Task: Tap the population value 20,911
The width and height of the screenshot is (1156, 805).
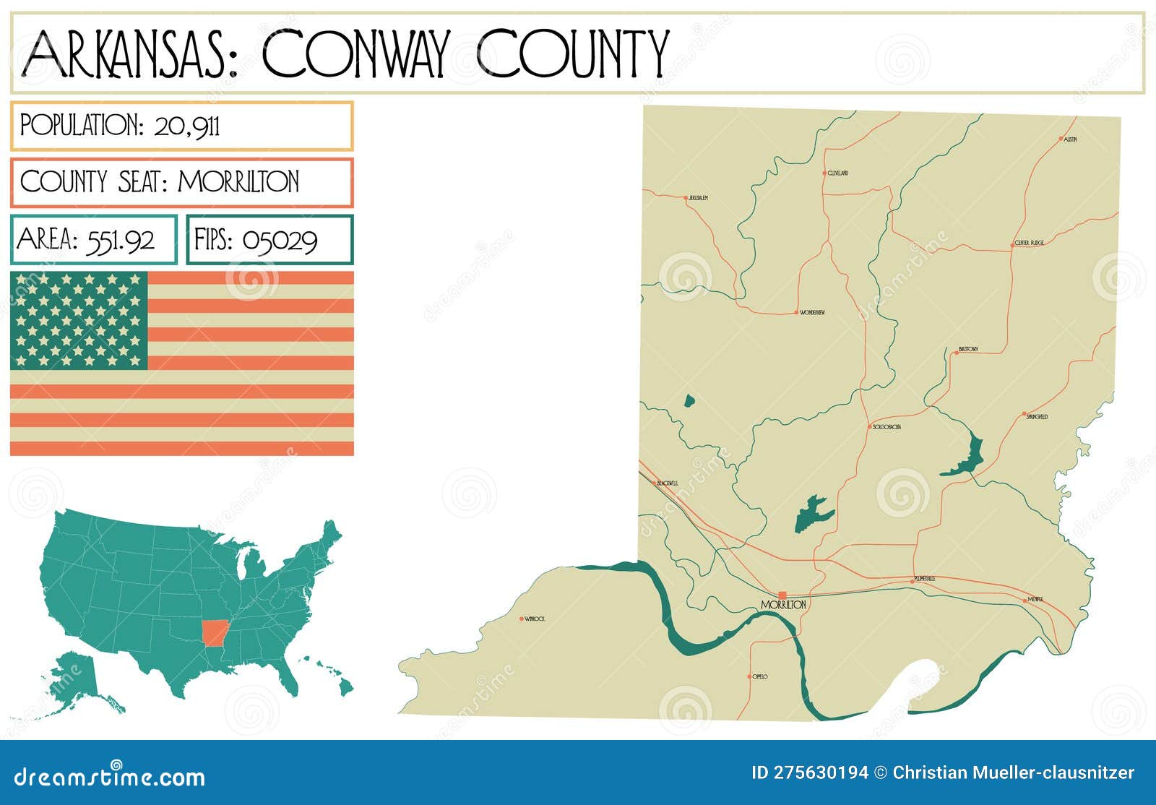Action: [187, 126]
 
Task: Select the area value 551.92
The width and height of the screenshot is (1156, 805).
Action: [121, 240]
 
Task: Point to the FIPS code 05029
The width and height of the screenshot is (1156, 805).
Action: [280, 240]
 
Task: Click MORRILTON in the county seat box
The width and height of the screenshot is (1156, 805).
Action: [238, 181]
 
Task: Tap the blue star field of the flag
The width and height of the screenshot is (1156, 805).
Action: [79, 320]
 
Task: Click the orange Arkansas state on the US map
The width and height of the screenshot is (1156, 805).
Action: [213, 633]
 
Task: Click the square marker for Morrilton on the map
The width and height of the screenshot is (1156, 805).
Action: [782, 595]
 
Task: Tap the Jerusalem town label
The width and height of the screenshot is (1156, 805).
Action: [698, 197]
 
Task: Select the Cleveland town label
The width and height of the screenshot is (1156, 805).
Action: [838, 173]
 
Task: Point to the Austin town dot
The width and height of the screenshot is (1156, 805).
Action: [1061, 139]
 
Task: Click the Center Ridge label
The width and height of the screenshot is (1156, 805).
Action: [1029, 243]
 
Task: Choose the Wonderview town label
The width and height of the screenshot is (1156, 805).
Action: [812, 313]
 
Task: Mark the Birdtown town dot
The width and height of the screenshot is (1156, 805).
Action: [956, 353]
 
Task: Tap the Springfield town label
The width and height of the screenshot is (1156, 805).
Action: [1037, 417]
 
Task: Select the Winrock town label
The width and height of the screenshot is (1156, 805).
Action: [535, 619]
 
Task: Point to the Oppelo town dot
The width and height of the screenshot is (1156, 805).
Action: [749, 677]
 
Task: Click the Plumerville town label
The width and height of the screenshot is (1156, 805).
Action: [925, 579]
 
